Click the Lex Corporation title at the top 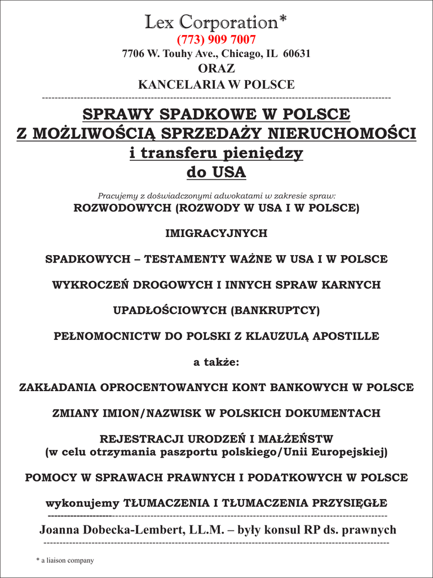pos(216,22)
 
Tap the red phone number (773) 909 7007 pos(216,40)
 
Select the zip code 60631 pos(296,54)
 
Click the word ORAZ pos(216,69)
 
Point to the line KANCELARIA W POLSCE pos(216,85)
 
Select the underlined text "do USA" pos(216,172)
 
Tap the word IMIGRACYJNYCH pos(216,233)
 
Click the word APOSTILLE pos(346,336)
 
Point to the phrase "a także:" pos(216,362)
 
